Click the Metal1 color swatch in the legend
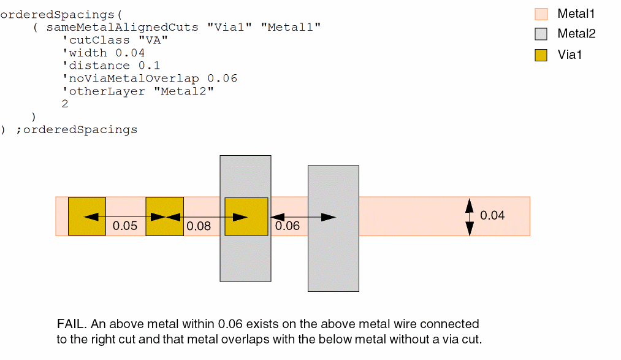[541, 14]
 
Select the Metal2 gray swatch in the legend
[541, 34]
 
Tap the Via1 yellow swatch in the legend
[541, 55]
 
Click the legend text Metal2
[576, 34]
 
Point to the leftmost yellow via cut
[86, 216]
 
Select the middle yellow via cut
[164, 216]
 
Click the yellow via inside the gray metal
[246, 216]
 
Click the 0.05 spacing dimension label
[125, 226]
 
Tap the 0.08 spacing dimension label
[199, 226]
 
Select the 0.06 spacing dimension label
[288, 226]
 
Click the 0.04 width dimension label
[492, 215]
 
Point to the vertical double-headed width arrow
[470, 216]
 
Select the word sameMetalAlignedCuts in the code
[122, 27]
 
